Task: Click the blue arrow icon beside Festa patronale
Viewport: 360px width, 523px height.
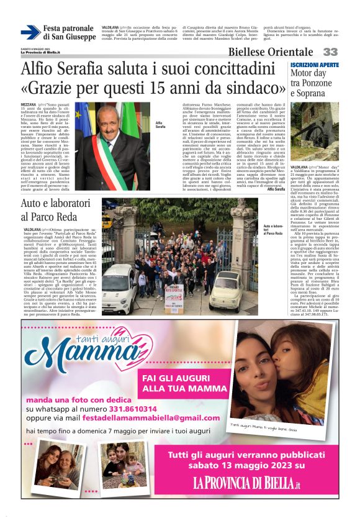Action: pos(30,32)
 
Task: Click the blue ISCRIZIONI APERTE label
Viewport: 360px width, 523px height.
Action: pos(315,65)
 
